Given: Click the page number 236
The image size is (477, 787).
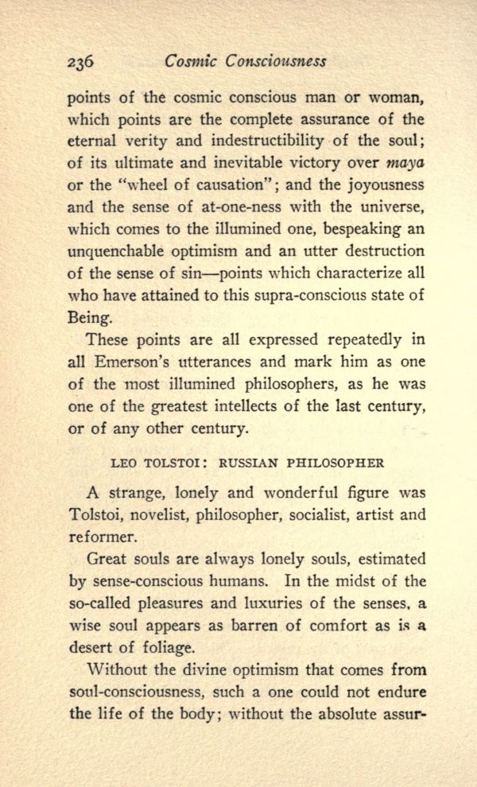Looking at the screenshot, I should tap(82, 61).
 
